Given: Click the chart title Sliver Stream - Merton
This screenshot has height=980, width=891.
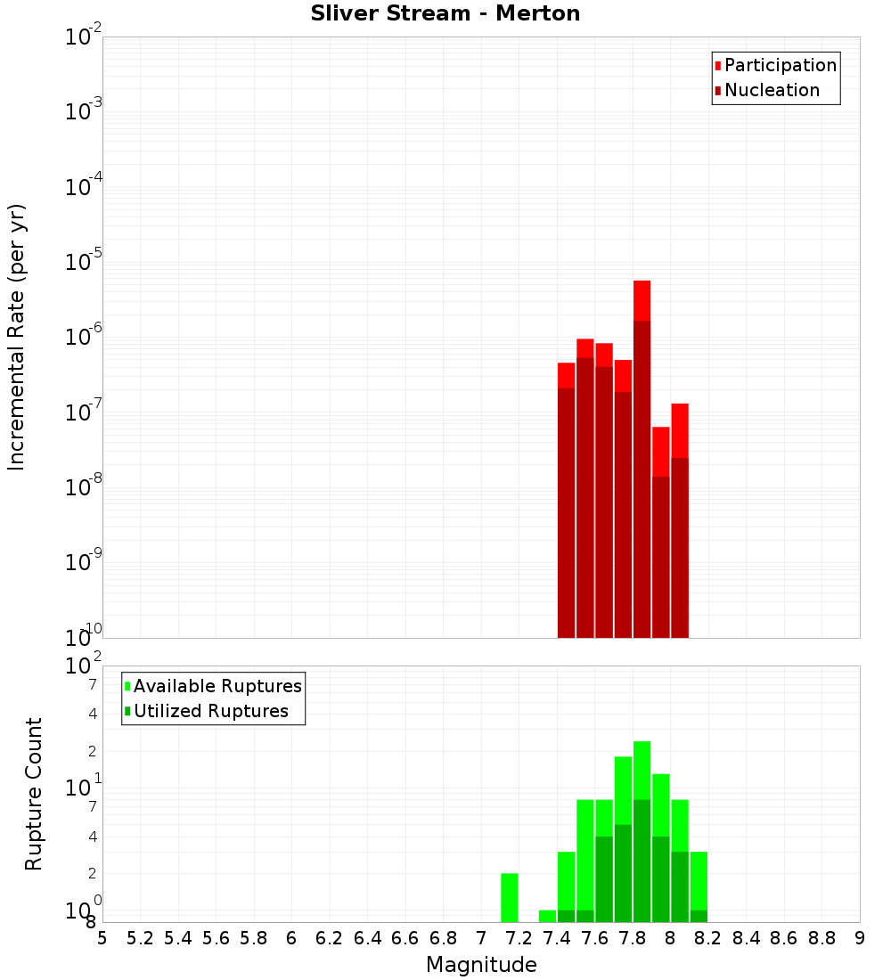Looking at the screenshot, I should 445,14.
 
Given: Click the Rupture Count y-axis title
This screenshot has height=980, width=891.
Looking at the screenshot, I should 34,794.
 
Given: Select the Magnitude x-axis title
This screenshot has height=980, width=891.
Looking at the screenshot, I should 481,965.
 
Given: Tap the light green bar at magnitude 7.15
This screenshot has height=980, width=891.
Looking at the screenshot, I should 510,898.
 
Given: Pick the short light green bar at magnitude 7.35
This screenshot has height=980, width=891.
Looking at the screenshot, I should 547,916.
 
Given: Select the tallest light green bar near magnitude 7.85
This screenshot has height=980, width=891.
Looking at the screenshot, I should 642,771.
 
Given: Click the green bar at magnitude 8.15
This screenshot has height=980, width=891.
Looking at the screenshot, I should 699,882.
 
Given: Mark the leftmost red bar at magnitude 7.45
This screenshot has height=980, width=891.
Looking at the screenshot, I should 567,499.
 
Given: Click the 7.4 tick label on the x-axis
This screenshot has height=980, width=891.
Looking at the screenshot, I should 557,938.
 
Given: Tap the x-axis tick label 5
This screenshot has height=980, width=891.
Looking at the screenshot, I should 102,938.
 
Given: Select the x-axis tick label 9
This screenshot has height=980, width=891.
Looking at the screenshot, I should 860,938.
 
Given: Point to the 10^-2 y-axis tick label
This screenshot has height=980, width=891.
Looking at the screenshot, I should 84,37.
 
